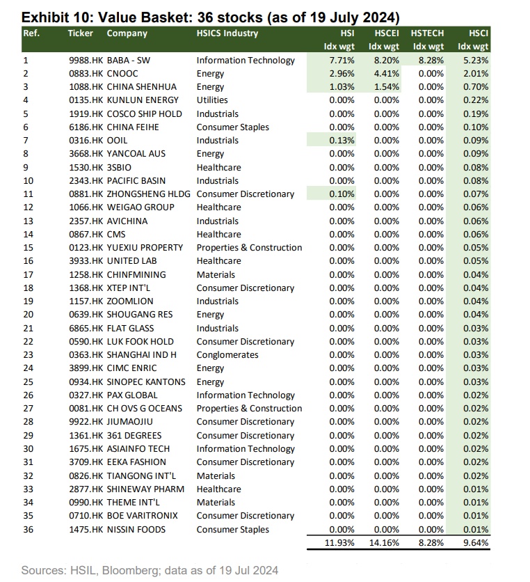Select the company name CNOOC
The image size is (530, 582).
(x=122, y=74)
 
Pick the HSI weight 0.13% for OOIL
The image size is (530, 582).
(x=341, y=141)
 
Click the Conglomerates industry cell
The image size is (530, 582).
(x=227, y=355)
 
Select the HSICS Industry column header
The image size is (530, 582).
(x=227, y=33)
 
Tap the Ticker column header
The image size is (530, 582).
(x=80, y=33)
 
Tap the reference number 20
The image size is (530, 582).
(x=28, y=315)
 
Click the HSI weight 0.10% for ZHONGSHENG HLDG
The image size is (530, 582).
(x=341, y=194)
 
